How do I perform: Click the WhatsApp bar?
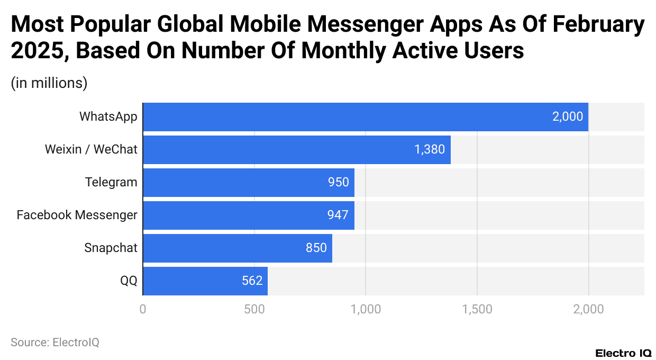tap(365, 117)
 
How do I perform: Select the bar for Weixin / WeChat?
tap(296, 150)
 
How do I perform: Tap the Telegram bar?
tap(248, 183)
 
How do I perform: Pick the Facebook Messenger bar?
tap(248, 215)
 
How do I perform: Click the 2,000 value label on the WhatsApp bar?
tap(567, 117)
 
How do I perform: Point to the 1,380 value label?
tap(430, 150)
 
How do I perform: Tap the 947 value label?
tap(338, 215)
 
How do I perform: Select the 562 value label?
tap(252, 281)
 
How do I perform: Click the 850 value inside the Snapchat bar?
tap(316, 248)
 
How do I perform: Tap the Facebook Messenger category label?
tap(77, 215)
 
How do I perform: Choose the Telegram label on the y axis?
tap(111, 183)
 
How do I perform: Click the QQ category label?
tap(129, 281)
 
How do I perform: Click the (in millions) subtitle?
tap(49, 84)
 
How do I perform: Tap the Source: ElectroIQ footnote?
tap(55, 343)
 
